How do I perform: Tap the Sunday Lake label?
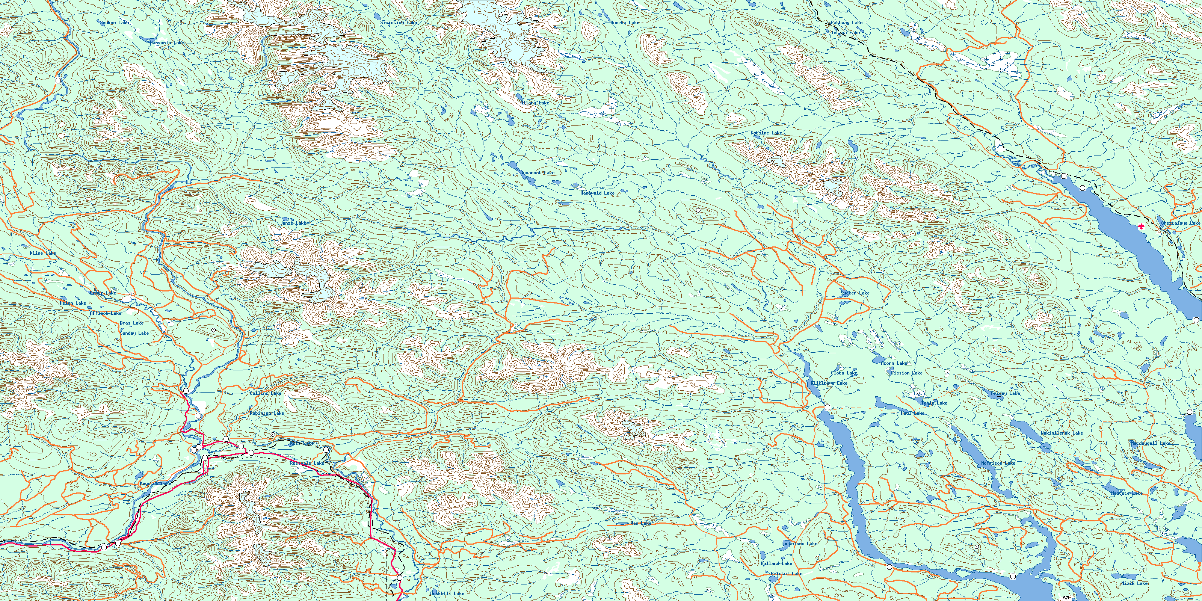click(x=134, y=333)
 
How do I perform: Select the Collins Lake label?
click(x=266, y=393)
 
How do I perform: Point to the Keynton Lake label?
click(x=156, y=484)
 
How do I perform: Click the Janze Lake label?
click(x=293, y=223)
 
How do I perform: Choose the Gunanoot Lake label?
click(x=537, y=173)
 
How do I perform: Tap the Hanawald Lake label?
click(x=597, y=193)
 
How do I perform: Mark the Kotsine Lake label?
click(x=766, y=133)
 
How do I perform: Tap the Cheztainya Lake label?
click(x=1180, y=223)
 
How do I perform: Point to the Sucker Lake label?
click(x=855, y=293)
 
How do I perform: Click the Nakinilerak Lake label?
click(x=1062, y=433)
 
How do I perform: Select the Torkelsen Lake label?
click(x=799, y=544)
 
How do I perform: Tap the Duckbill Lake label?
click(x=447, y=593)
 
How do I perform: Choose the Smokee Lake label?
click(x=114, y=23)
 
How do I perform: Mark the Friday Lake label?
click(x=1005, y=393)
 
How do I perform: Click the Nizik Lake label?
click(x=1134, y=583)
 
